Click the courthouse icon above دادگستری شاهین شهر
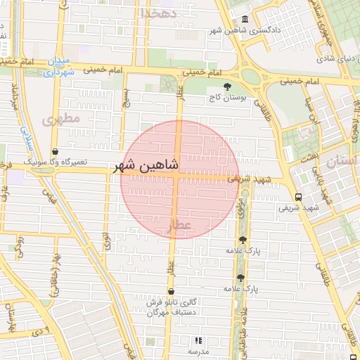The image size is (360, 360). (x=245, y=19)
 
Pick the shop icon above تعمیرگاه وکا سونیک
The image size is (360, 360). (x=56, y=151)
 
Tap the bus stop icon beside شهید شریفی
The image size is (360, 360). (x=299, y=197)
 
